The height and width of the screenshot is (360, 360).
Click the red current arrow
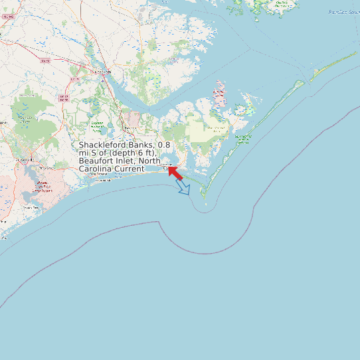tap(175, 173)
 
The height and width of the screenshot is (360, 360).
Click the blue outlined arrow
tap(183, 188)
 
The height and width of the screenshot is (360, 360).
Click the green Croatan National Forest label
tap(97, 124)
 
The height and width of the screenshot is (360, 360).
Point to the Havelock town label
tap(130, 128)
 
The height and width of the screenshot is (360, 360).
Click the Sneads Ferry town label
tap(31, 208)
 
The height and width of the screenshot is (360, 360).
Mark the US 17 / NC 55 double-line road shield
tap(64, 98)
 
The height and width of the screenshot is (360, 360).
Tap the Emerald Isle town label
tap(103, 180)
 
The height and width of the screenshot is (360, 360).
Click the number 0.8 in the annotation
tap(164, 145)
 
